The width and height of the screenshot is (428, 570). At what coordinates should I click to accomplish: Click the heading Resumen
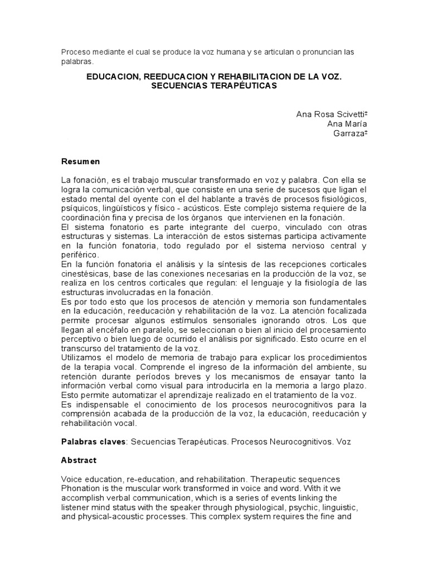pos(80,161)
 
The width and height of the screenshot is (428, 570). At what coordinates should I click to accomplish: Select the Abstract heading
pos(79,460)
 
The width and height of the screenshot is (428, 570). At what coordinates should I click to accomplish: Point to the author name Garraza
pos(349,133)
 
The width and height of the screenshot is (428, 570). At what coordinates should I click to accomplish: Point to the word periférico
pos(79,254)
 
